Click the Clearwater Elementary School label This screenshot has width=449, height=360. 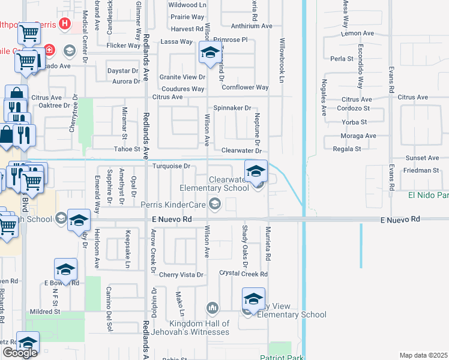pos(228,184)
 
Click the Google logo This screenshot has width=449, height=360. pos(20,353)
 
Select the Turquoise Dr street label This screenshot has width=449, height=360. pos(171,166)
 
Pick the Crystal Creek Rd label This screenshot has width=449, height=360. pos(243,274)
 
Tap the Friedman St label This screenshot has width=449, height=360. pos(421,170)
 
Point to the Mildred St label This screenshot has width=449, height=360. pos(46,311)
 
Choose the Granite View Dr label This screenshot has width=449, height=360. pos(182,77)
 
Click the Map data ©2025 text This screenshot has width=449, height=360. pos(423,355)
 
